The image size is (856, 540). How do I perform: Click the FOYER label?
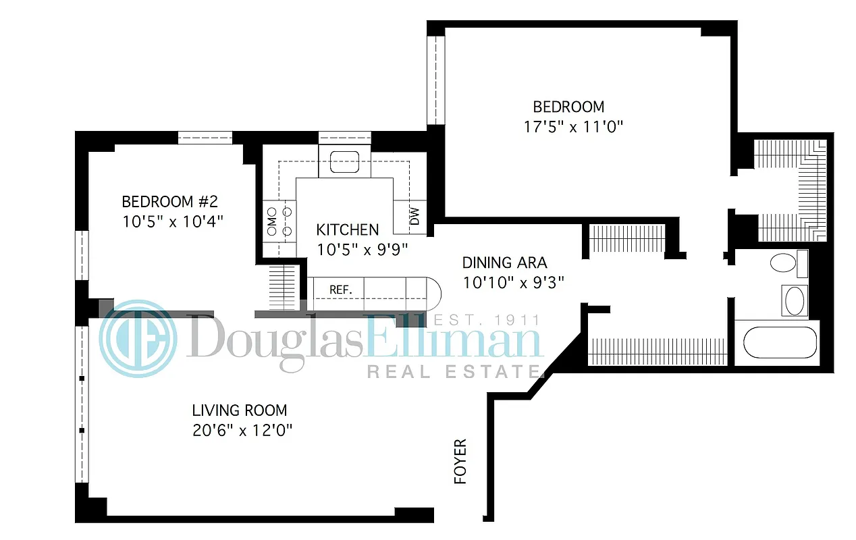[460, 462]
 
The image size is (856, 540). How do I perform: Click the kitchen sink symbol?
[344, 161]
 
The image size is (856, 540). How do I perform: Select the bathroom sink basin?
[794, 300]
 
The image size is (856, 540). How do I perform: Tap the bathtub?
[779, 343]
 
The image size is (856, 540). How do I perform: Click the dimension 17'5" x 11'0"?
[569, 126]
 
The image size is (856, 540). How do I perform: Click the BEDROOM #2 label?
[169, 202]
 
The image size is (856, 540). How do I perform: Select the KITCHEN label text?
[347, 230]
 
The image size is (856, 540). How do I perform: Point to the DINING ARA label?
[504, 263]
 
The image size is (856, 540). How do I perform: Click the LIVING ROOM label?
[239, 410]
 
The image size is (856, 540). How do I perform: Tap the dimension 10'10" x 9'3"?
[513, 283]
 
